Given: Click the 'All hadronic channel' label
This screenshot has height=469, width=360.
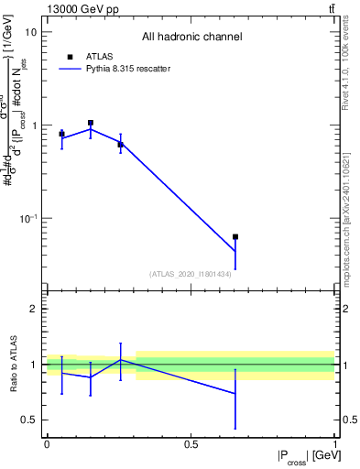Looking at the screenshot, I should pos(191,38).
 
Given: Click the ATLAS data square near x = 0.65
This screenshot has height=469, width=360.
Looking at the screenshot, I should pos(235,237).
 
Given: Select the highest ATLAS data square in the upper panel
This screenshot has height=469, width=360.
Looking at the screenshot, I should pos(91,123).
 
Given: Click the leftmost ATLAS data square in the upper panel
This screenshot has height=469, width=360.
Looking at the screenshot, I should pos(61,134).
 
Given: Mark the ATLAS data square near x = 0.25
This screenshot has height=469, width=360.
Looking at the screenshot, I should pos(120,145).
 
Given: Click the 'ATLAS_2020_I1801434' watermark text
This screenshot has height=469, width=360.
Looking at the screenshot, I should pos(190,274).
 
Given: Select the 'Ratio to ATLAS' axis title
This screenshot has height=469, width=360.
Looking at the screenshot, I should pos(14,365).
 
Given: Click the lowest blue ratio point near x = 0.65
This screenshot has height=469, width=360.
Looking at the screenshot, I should pos(235,394).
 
